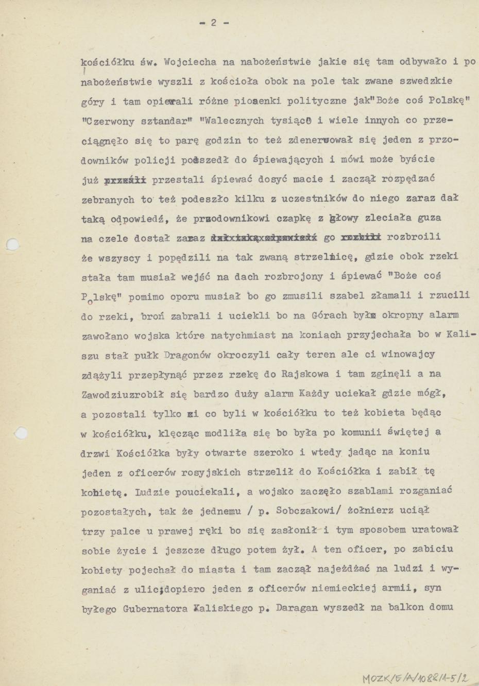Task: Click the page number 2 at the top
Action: point(213,23)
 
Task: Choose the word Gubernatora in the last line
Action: point(154,608)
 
